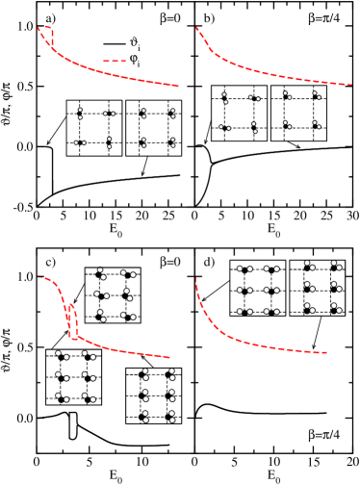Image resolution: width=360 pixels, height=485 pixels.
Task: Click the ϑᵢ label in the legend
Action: [134, 43]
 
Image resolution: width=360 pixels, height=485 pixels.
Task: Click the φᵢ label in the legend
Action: [134, 60]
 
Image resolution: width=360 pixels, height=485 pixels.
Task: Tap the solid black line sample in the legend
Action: [115, 43]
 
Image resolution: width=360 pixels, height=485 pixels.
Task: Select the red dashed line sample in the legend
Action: [115, 60]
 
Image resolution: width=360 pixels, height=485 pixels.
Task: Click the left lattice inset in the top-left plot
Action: [93, 128]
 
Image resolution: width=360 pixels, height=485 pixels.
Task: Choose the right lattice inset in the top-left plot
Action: [153, 128]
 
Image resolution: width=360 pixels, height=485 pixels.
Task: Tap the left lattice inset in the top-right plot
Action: [239, 113]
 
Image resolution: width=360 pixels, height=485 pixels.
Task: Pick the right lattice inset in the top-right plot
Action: [298, 113]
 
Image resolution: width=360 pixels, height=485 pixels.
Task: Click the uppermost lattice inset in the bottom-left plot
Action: [113, 295]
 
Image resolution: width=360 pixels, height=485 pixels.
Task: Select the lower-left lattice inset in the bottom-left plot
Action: [73, 377]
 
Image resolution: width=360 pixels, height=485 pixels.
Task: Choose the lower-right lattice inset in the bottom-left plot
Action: [153, 396]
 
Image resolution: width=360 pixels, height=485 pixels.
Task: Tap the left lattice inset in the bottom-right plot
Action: [257, 288]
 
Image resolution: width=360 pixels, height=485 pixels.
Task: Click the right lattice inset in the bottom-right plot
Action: [317, 288]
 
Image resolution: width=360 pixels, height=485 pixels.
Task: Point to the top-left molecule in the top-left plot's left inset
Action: [79, 114]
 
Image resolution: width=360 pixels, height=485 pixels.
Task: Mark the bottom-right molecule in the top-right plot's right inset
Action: [314, 126]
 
